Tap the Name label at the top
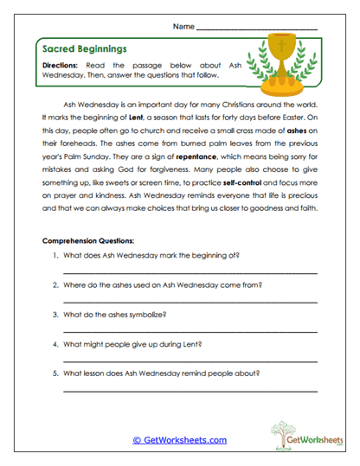[x=183, y=27]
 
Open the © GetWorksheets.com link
[x=179, y=440]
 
